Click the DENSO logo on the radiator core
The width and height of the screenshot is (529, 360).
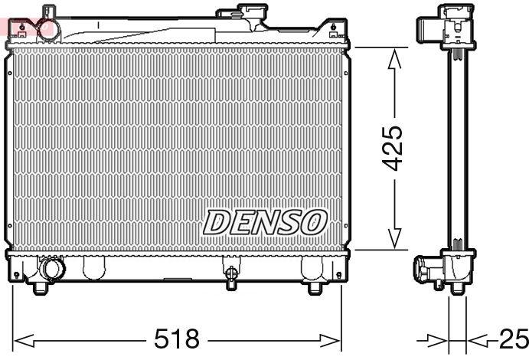[265, 222]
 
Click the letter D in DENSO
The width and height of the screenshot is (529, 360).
[215, 223]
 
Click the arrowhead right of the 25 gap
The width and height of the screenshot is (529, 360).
[475, 339]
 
